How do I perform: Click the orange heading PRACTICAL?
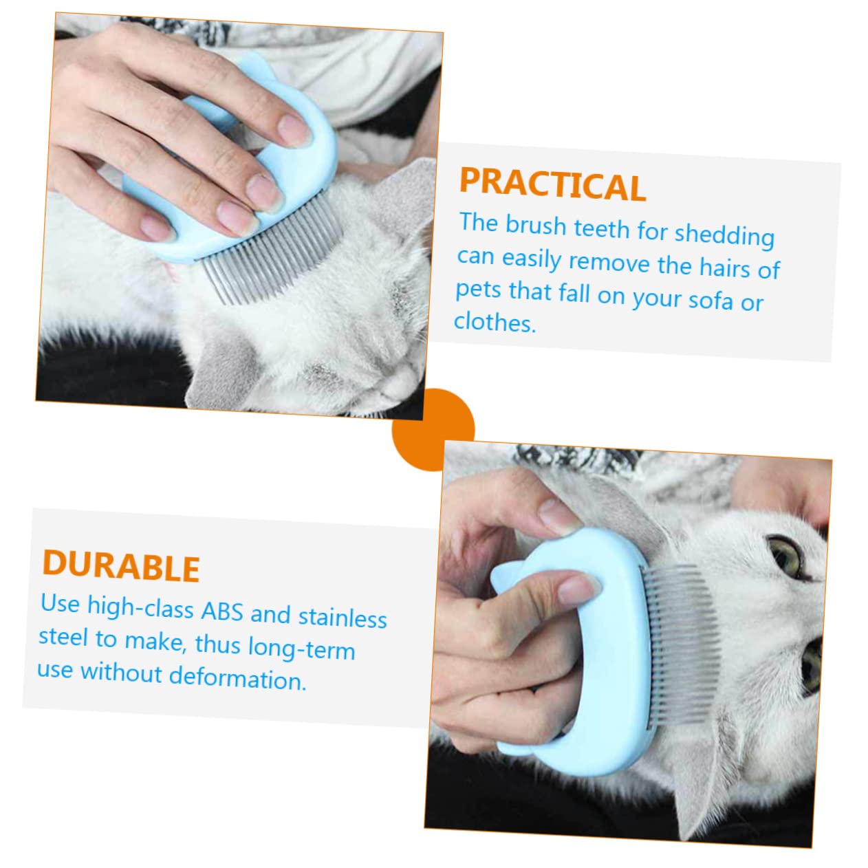[x=552, y=184]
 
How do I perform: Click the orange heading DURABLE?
[x=121, y=566]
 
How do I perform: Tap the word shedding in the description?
[x=724, y=235]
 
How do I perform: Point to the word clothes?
[x=494, y=322]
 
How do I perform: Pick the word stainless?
[x=343, y=617]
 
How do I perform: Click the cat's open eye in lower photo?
[x=785, y=555]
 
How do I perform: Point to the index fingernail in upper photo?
[x=294, y=129]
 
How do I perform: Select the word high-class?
[x=140, y=606]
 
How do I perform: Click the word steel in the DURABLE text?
[x=63, y=637]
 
